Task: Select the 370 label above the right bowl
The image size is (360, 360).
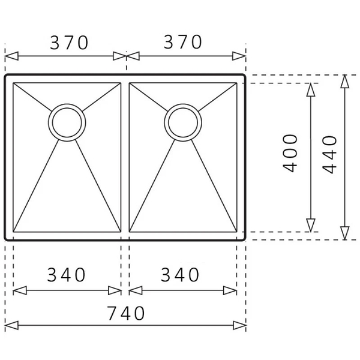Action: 182,43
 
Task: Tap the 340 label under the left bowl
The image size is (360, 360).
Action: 66,275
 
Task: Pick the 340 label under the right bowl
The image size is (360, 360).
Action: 179,275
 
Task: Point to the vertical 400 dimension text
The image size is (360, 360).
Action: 290,154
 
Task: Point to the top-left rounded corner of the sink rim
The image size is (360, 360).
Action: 8,78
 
